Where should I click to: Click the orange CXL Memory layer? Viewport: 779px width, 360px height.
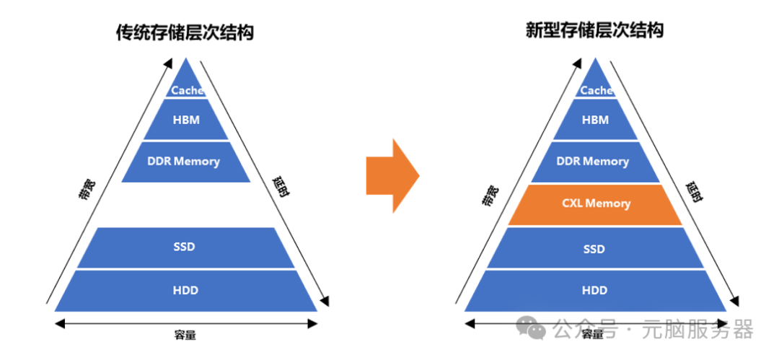(595, 204)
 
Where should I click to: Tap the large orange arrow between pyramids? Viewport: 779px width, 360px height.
(392, 175)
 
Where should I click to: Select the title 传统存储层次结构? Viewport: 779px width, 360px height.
(185, 32)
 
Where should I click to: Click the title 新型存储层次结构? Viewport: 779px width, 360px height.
(595, 30)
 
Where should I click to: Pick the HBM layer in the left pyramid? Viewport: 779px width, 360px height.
(185, 120)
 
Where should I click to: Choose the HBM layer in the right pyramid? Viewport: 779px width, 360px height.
(595, 120)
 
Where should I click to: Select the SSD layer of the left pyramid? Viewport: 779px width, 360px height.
(185, 247)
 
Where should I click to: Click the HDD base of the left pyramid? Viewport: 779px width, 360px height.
(185, 290)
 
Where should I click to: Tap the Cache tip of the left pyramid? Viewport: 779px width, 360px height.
(187, 88)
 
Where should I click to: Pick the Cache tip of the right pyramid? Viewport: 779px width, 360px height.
(596, 88)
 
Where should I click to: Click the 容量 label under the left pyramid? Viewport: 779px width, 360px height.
(185, 335)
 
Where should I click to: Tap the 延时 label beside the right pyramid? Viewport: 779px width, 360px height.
(694, 192)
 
